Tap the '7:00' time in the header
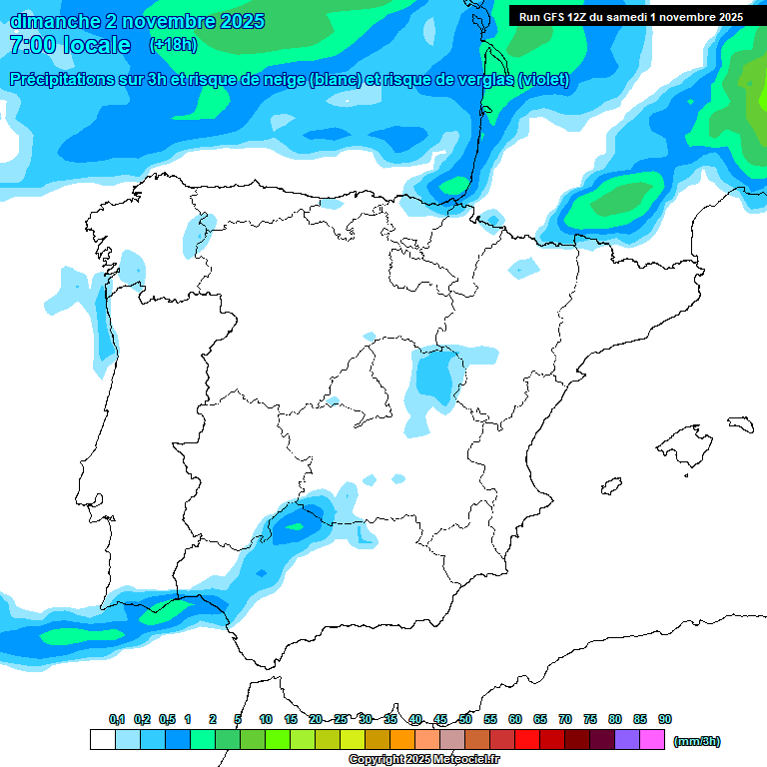(x=31, y=45)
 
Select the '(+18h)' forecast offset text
(x=173, y=45)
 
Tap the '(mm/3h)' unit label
(x=697, y=741)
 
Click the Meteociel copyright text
(x=424, y=760)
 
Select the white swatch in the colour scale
(x=102, y=740)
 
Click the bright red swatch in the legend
(x=527, y=740)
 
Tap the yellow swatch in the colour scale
(x=353, y=740)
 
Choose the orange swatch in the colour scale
(x=402, y=740)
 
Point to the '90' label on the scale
(x=665, y=719)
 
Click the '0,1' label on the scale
(x=117, y=719)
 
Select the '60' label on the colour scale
(x=515, y=719)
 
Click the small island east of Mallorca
(x=740, y=424)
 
